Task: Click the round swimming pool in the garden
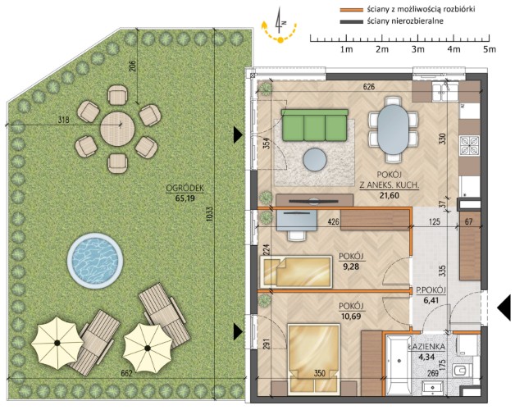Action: [x=95, y=261]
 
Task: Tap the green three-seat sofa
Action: [x=314, y=125]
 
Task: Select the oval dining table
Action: [x=393, y=129]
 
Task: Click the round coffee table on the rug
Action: [x=315, y=160]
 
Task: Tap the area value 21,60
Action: [x=389, y=195]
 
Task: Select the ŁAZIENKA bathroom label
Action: [x=426, y=346]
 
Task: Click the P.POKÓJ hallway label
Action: [x=431, y=290]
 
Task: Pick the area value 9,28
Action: [x=351, y=266]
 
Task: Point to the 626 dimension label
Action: [x=369, y=87]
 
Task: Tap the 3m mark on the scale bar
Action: [x=417, y=49]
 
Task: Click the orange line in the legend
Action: [x=352, y=10]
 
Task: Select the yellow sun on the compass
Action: [x=280, y=40]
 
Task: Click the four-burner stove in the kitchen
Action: [x=469, y=145]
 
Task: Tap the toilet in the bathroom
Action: [x=462, y=371]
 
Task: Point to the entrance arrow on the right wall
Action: [x=504, y=308]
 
